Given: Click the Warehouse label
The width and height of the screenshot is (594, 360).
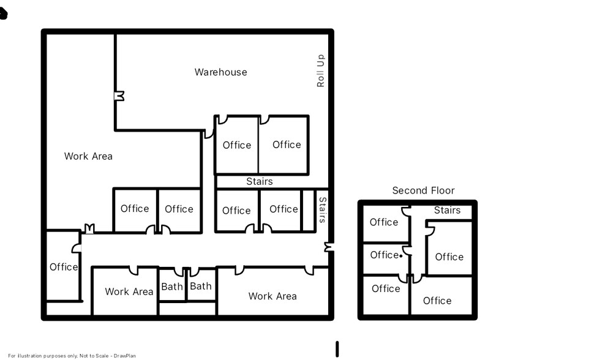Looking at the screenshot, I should [x=220, y=72].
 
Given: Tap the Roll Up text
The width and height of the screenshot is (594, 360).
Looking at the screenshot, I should [x=320, y=71].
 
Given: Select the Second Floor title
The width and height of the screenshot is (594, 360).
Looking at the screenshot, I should [x=423, y=190].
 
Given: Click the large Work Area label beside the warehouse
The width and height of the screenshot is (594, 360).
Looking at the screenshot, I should [x=88, y=156].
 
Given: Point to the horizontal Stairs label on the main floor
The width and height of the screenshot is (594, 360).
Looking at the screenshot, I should [x=259, y=181].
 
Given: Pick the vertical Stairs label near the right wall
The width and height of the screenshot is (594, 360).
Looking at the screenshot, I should [x=323, y=209].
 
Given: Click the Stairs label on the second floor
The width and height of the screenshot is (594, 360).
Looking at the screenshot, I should [x=447, y=210].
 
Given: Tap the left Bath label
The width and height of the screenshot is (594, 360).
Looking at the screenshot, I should [x=172, y=286].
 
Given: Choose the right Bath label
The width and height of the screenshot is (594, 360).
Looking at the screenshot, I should [x=200, y=286].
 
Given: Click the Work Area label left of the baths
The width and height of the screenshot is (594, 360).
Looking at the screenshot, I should [x=129, y=291].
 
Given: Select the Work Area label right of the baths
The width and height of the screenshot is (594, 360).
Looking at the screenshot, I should [x=272, y=296].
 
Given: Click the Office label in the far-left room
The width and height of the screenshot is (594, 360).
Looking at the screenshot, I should [x=64, y=267].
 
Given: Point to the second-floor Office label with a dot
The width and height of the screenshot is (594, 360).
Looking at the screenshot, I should [x=385, y=255].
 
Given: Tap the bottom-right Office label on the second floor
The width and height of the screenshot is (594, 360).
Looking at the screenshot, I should [x=437, y=301].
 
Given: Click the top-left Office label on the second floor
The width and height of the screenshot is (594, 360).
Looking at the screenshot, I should [x=384, y=222].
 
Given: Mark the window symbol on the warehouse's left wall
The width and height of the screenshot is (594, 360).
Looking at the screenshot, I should [x=119, y=96].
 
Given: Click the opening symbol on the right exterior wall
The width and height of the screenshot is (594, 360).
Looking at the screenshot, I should [x=329, y=247].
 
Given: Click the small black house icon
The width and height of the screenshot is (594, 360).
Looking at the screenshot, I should [x=3, y=13].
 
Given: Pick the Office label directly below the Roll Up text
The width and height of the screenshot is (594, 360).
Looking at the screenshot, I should [x=287, y=144].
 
